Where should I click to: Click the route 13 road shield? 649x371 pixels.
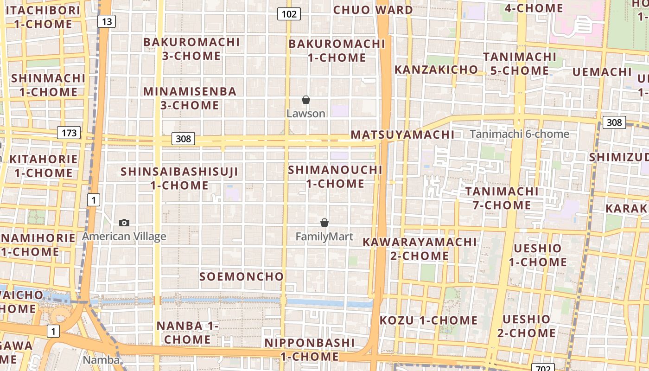[107, 21]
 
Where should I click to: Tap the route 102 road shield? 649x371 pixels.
[289, 14]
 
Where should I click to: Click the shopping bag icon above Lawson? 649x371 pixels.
[306, 100]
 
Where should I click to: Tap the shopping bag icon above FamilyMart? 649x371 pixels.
[324, 223]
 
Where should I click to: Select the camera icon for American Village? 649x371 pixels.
[124, 223]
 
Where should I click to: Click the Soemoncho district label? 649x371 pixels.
[242, 277]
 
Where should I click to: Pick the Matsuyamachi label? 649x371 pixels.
[402, 135]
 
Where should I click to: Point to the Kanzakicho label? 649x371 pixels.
[436, 70]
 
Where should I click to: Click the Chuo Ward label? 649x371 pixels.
[373, 10]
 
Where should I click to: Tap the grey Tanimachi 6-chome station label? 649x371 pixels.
[520, 134]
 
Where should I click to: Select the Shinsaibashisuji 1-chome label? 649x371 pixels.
[179, 179]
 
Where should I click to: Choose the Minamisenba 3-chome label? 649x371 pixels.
[190, 98]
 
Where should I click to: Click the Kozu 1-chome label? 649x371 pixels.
[429, 320]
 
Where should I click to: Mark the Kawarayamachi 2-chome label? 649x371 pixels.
[420, 249]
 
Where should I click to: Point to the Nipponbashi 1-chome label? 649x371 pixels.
[310, 350]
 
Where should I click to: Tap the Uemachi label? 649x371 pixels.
[602, 72]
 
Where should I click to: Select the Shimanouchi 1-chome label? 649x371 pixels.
[335, 177]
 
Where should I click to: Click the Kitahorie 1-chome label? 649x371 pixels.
[44, 166]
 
